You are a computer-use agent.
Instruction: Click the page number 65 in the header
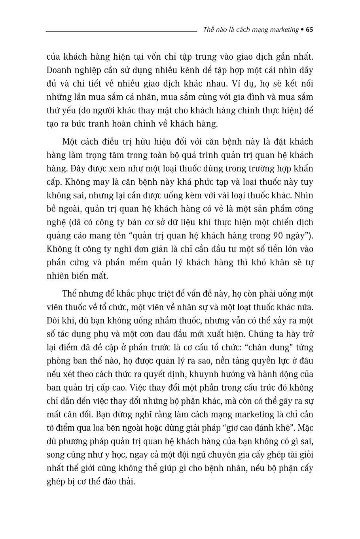310,30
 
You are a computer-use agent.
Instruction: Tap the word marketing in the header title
282,30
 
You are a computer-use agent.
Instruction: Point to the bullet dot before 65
302,30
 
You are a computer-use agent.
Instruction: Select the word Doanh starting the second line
59,70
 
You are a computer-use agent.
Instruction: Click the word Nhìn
304,195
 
